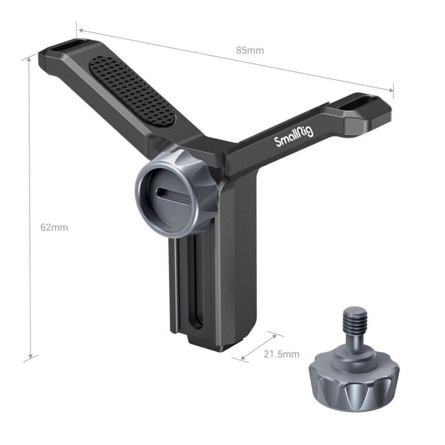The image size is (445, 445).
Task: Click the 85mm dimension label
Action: [250, 51]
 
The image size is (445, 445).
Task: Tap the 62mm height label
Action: [54, 227]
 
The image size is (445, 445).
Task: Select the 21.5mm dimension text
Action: [281, 355]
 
